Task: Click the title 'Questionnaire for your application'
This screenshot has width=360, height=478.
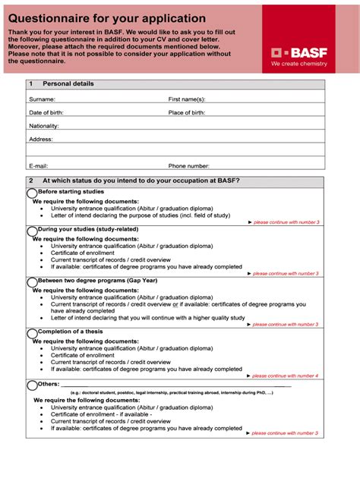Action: (x=106, y=17)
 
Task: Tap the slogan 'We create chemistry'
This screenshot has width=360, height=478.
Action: (x=298, y=64)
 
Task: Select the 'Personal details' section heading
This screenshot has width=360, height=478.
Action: (x=68, y=83)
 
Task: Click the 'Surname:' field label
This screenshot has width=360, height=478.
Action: (x=42, y=99)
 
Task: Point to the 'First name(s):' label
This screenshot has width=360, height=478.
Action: (x=187, y=99)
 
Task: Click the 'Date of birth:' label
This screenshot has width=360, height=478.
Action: (x=46, y=112)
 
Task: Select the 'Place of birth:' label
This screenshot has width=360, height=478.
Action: (x=187, y=112)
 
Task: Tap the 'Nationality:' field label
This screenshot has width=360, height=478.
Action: (x=44, y=126)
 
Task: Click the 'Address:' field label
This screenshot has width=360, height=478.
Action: (x=41, y=140)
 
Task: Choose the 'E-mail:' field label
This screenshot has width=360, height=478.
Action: (x=39, y=165)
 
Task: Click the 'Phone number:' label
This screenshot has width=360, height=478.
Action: (x=189, y=165)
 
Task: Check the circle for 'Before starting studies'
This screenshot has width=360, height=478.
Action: (x=32, y=193)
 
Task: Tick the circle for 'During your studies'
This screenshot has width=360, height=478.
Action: (x=32, y=230)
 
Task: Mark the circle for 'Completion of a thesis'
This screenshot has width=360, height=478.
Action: (x=32, y=332)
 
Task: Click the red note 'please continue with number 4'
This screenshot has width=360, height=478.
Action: (x=283, y=376)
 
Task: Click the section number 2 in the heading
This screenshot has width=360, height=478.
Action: (x=30, y=181)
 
